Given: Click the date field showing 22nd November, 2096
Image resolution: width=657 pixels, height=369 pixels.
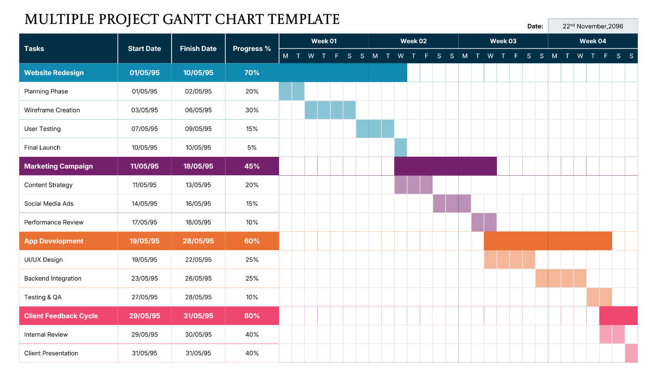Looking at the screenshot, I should click(x=592, y=26).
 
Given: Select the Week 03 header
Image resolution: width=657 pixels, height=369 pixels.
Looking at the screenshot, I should click(x=503, y=41).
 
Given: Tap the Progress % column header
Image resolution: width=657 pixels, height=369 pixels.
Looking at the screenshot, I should click(x=252, y=49).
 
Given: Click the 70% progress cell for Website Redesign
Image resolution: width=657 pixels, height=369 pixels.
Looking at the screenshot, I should click(x=252, y=73).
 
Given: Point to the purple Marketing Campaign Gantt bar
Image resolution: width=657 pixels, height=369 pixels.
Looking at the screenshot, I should click(x=445, y=166).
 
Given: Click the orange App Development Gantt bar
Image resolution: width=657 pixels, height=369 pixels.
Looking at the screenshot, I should click(x=548, y=241).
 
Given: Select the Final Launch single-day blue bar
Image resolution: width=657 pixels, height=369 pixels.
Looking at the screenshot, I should click(x=400, y=147).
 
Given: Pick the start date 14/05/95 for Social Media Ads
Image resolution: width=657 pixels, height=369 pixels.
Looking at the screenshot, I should click(x=145, y=203).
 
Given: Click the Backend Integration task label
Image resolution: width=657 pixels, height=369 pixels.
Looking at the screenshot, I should click(x=53, y=278).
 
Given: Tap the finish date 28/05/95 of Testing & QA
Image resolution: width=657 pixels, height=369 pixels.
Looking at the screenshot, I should click(x=198, y=297).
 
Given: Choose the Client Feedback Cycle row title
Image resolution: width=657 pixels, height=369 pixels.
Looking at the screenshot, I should click(x=61, y=316).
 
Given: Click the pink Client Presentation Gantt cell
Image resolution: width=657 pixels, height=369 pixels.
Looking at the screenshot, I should click(x=631, y=353).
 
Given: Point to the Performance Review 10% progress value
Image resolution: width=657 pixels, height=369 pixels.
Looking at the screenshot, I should click(x=252, y=222).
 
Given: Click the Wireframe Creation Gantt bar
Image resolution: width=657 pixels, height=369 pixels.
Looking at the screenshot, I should click(x=330, y=110).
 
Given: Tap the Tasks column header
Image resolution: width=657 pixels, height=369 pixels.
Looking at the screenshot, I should click(x=34, y=49).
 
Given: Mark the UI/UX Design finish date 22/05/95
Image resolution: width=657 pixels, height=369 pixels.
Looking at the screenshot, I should click(x=198, y=260).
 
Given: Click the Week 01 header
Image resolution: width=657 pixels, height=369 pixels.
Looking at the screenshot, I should click(x=324, y=41).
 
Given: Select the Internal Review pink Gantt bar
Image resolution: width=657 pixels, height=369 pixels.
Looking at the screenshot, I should click(x=612, y=334).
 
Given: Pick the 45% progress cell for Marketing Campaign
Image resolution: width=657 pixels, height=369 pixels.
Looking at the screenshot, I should click(x=252, y=166).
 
